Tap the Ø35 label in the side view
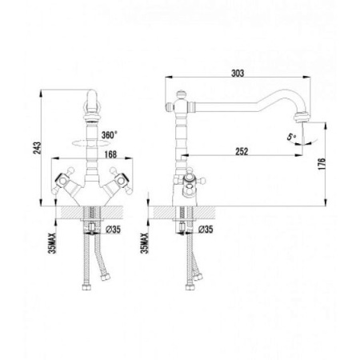pos(204,231)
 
